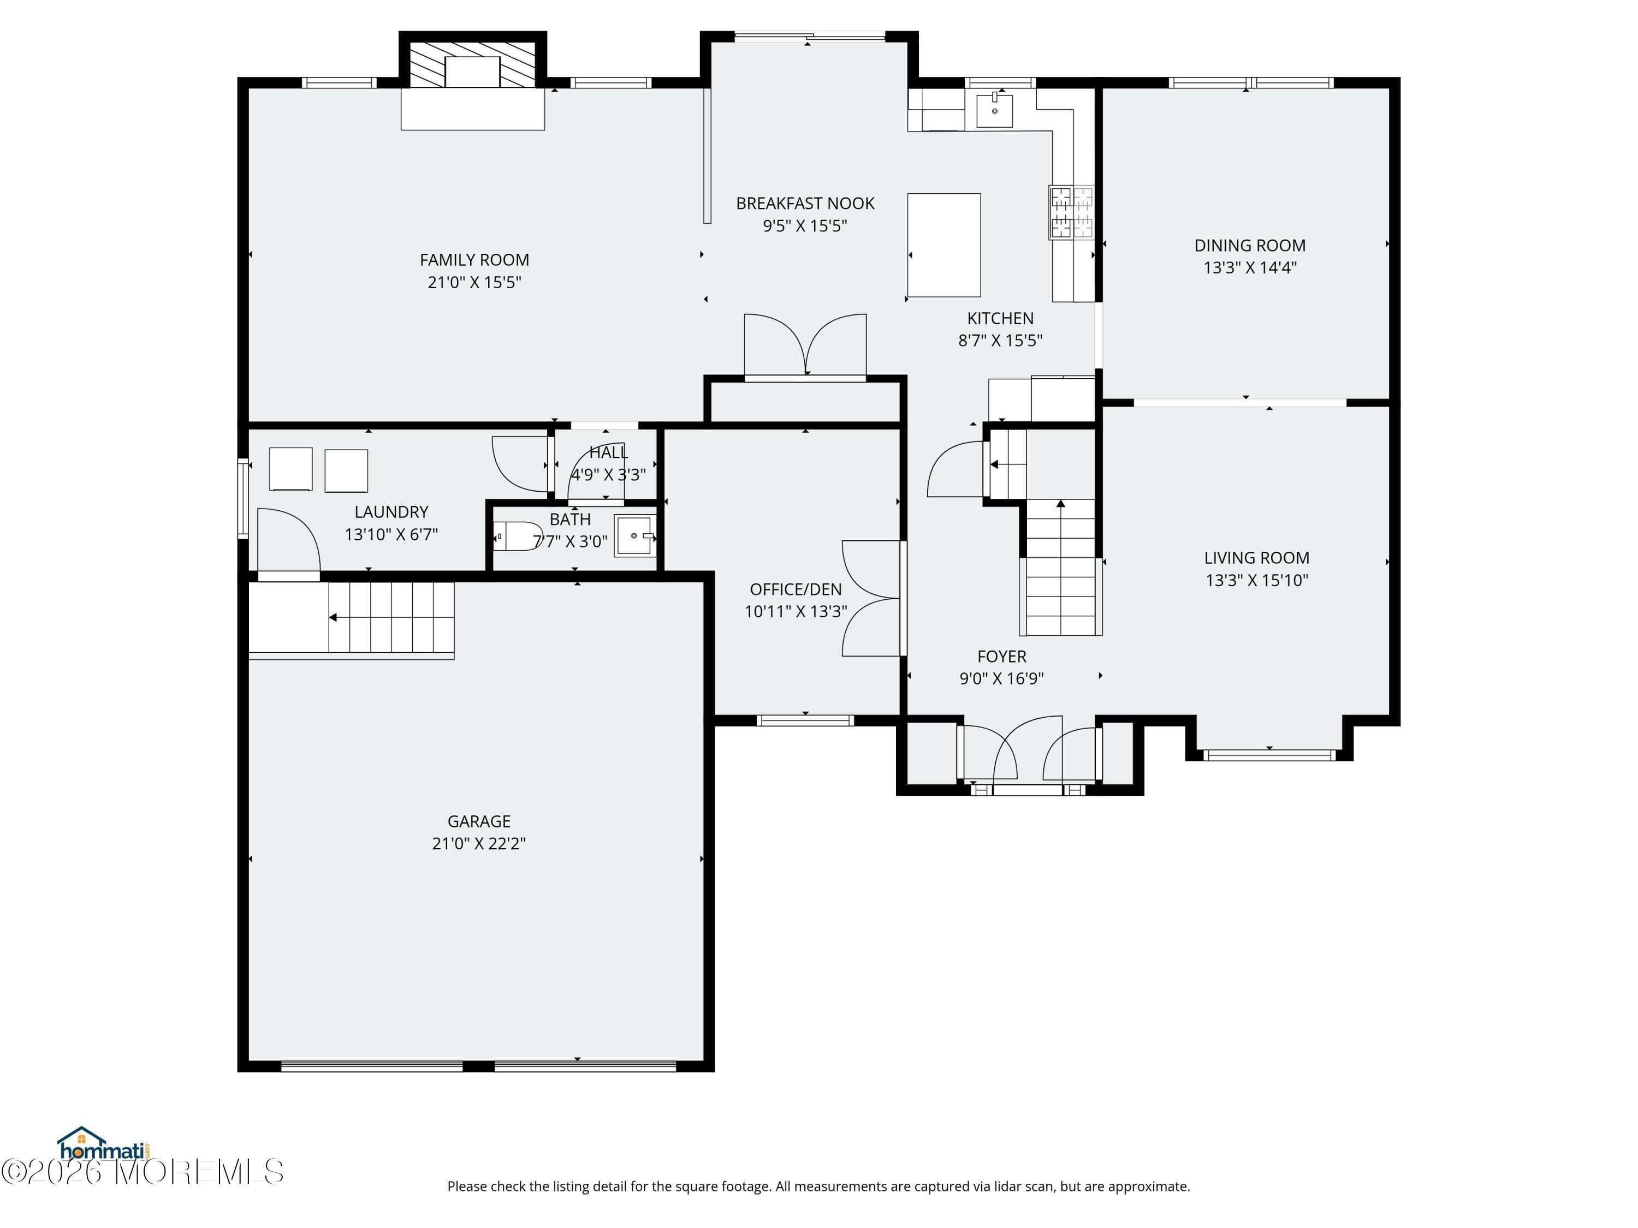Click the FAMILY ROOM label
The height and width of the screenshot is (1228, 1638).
tap(474, 260)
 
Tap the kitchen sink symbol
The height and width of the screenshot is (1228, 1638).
tap(994, 111)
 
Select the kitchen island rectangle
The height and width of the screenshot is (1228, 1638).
tap(943, 245)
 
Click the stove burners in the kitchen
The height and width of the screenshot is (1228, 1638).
tap(1071, 212)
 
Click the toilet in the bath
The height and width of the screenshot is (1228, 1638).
tap(518, 536)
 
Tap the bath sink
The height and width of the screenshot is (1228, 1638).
tap(634, 535)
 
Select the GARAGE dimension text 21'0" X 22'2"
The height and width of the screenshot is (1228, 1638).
tap(478, 843)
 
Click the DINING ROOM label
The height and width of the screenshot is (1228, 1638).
tap(1249, 245)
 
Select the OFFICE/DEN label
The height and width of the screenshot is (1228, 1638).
tap(796, 589)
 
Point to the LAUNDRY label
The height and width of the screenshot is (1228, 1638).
tap(391, 511)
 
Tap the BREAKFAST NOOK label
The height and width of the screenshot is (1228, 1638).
tap(805, 204)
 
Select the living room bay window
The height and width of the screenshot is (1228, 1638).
tap(1268, 755)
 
